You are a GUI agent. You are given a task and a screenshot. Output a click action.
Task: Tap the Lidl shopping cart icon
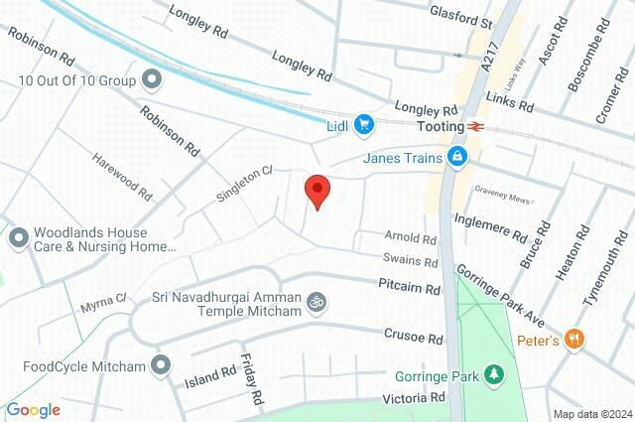tap(365, 124)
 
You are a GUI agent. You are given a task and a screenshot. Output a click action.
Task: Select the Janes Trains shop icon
tap(457, 156)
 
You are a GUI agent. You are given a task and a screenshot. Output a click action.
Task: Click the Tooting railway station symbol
tap(477, 127)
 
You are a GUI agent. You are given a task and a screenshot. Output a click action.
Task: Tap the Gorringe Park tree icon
tap(492, 374)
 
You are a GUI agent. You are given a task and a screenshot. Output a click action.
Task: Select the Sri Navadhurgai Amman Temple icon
tap(317, 300)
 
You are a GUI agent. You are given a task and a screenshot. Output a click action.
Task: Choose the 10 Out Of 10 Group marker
tap(151, 77)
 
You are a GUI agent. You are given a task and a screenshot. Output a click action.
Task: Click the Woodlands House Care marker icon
tap(18, 237)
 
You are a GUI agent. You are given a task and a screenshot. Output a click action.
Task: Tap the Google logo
tap(33, 410)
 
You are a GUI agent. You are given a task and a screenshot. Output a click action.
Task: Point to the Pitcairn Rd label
tap(409, 289)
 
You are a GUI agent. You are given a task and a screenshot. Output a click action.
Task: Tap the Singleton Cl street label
tap(244, 186)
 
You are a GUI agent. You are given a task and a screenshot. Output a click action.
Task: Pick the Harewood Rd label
tap(122, 175)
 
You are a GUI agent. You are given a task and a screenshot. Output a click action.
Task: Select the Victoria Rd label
tap(414, 398)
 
